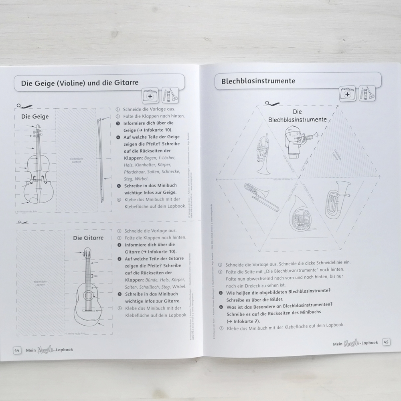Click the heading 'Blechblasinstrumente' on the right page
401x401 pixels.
[258, 81]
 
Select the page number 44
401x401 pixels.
[17, 350]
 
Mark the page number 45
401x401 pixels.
[386, 342]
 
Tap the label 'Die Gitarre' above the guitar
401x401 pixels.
[88, 238]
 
